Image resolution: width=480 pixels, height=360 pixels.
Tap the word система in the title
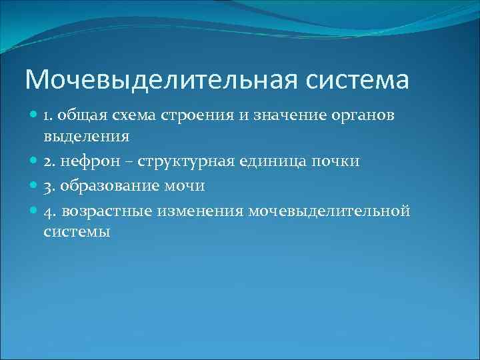coord(358,80)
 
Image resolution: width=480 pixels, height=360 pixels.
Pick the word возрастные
coord(109,211)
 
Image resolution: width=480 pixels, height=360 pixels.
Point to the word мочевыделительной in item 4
coord(329,211)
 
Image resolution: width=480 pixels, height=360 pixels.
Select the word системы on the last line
coord(77,232)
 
